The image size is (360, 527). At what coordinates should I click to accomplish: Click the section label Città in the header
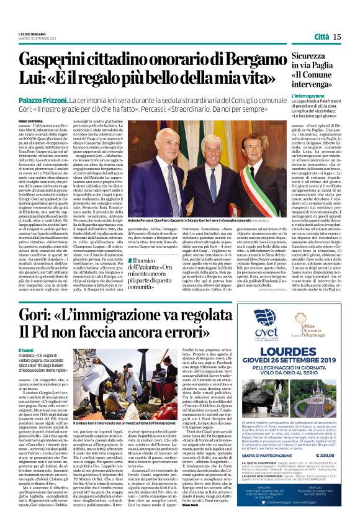[322, 37]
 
